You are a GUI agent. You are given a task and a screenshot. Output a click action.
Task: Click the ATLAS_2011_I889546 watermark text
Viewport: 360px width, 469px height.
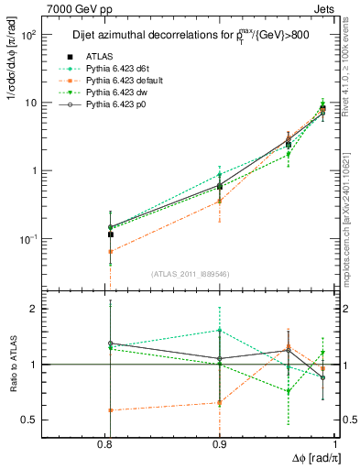[x=191, y=274]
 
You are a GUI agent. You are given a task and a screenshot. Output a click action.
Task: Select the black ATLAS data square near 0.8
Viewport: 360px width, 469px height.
[x=110, y=234]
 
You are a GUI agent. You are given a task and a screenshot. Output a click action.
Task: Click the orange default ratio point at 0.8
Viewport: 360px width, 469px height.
[x=110, y=409]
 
